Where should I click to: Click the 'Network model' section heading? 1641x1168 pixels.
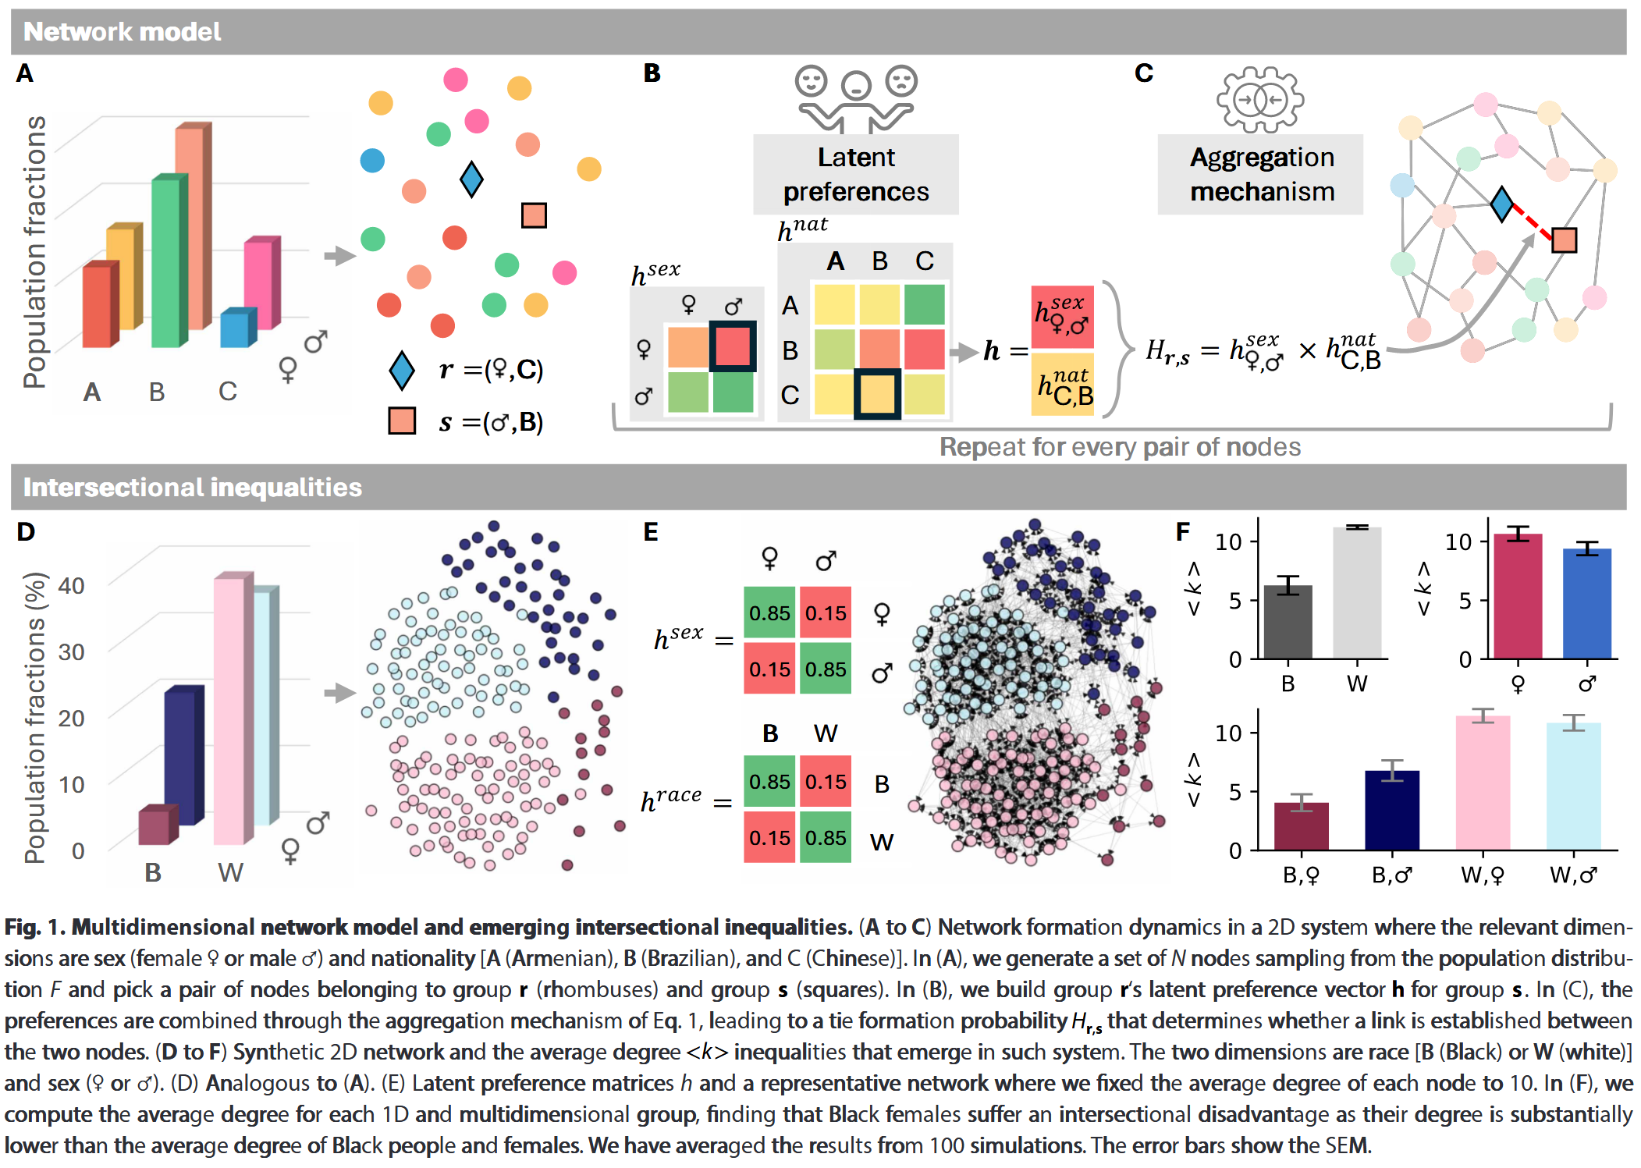coord(122,32)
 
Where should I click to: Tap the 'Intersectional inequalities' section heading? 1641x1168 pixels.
coord(192,488)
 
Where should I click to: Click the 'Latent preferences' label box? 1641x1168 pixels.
coord(856,175)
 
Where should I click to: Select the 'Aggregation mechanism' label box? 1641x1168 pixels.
coord(1261,175)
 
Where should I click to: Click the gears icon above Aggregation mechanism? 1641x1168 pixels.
coord(1260,100)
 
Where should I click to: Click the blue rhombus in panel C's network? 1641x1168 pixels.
coord(1502,204)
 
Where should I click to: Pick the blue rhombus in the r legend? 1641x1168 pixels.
coord(402,371)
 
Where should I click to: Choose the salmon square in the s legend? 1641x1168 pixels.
coord(402,421)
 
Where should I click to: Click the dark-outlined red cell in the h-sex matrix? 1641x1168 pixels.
coord(733,346)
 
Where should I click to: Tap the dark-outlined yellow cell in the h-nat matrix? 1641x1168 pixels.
coord(878,394)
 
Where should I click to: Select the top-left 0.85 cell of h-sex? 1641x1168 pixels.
coord(769,613)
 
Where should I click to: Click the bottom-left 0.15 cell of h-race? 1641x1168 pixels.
coord(769,838)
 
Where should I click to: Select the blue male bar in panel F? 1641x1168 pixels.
coord(1587,604)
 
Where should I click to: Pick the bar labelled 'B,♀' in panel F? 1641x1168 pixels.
coord(1302,826)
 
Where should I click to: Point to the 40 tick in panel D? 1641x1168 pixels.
coord(71,586)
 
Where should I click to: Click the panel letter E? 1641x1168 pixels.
coord(651,532)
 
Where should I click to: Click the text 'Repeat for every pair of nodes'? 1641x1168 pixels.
coord(1120,447)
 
